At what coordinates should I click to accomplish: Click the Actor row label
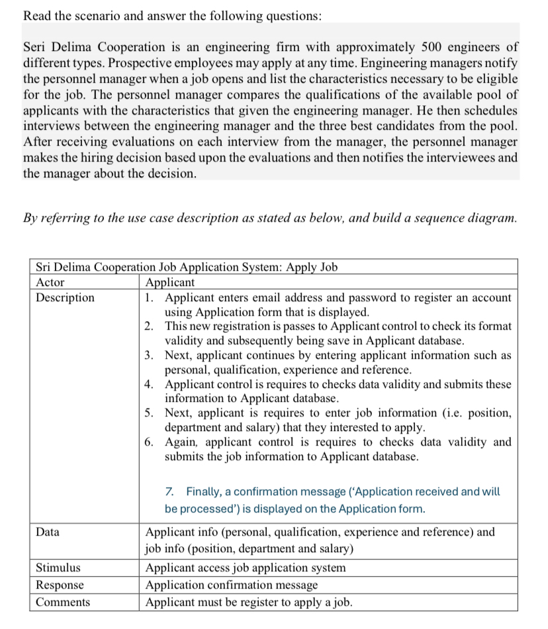tap(50, 283)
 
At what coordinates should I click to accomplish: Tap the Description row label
tap(65, 298)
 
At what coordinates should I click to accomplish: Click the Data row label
tap(48, 532)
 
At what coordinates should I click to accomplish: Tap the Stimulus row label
tap(58, 568)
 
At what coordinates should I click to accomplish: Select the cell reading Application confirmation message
tap(231, 585)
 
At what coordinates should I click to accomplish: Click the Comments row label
tap(63, 603)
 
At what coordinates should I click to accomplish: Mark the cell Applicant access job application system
tap(245, 568)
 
